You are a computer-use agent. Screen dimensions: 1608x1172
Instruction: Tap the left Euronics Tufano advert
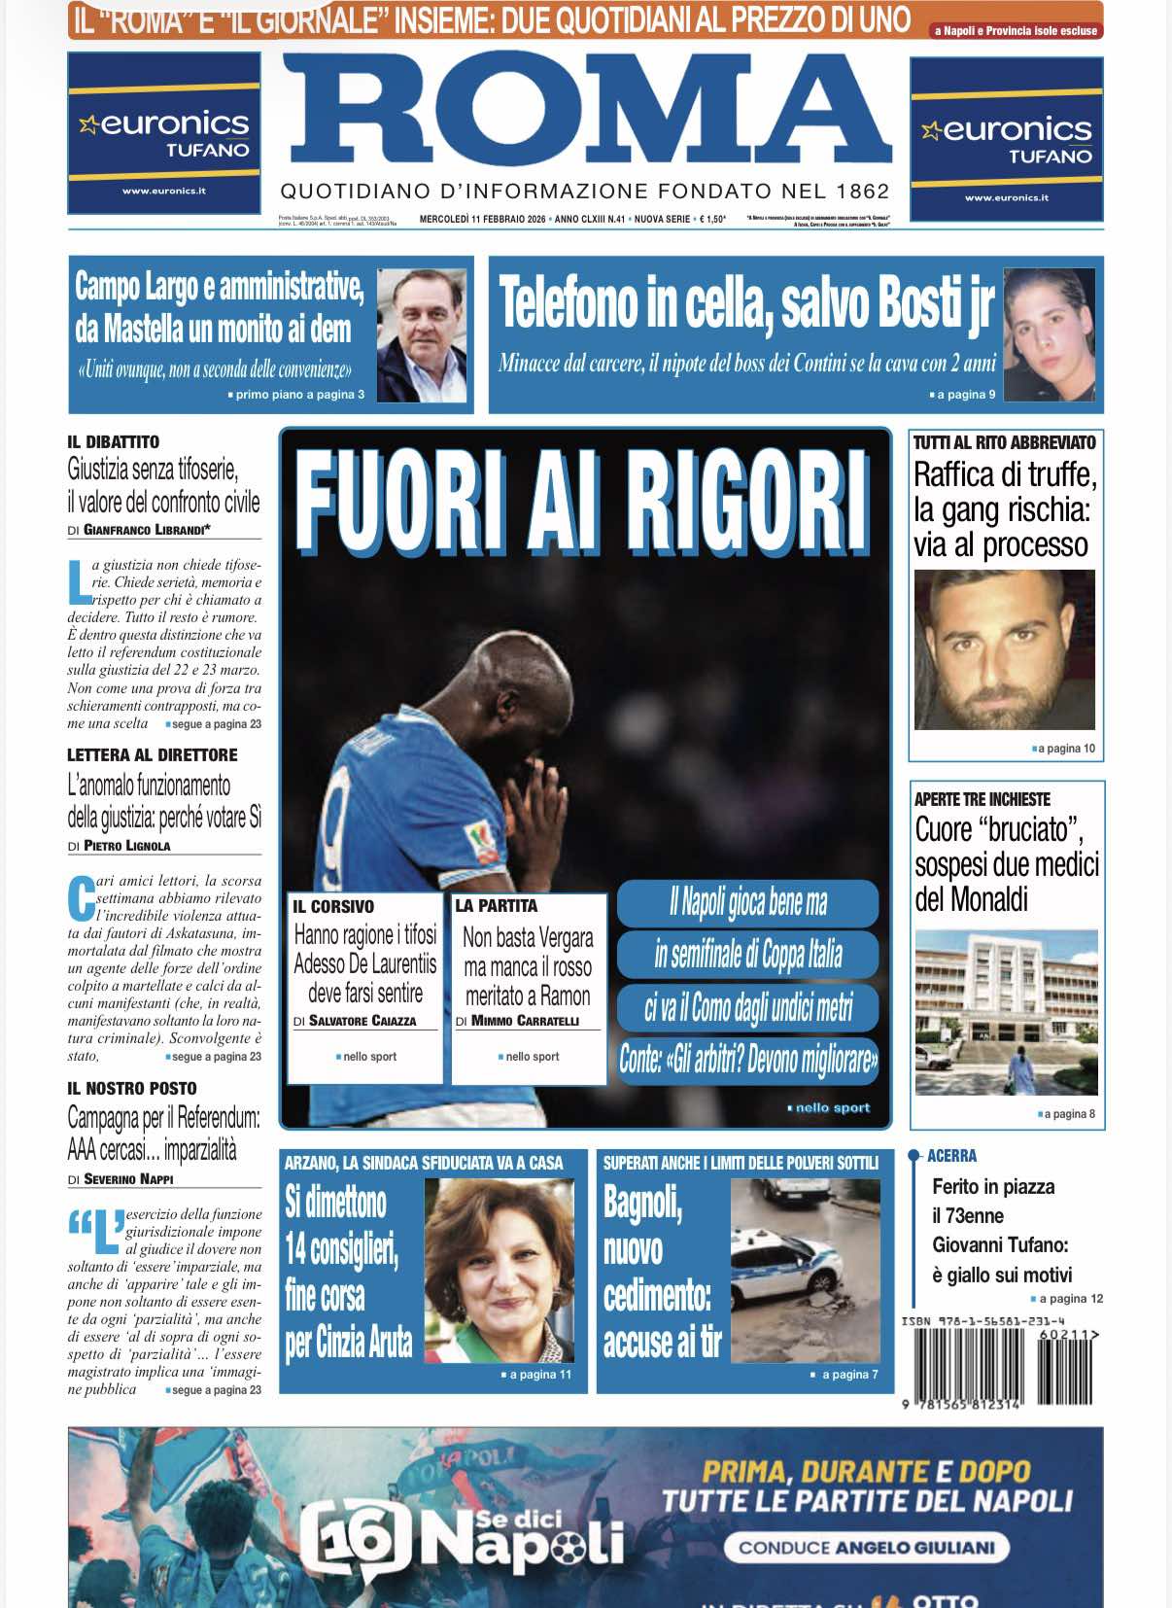(164, 133)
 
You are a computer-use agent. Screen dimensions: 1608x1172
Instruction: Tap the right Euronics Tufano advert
(1006, 139)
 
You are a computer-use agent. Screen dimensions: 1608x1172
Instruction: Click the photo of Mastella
(421, 334)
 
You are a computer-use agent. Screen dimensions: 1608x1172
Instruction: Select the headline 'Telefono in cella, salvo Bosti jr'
(745, 303)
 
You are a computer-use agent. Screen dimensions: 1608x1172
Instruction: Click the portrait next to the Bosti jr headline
(1049, 334)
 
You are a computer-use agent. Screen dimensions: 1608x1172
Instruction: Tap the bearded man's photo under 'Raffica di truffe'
(1004, 648)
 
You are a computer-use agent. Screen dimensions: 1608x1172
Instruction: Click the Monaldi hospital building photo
(1006, 1012)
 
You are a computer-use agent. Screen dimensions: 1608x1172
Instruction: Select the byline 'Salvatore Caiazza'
(362, 1021)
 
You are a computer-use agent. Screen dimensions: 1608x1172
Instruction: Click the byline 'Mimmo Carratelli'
(525, 1021)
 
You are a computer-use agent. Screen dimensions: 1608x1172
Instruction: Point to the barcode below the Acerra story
(1001, 1366)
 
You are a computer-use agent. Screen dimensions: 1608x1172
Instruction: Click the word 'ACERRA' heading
(951, 1156)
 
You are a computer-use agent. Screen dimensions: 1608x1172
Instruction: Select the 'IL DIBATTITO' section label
(113, 442)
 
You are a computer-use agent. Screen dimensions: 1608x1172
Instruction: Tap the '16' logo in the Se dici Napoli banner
(348, 1539)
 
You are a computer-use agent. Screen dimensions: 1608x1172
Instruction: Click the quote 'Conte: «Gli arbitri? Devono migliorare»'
(747, 1059)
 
